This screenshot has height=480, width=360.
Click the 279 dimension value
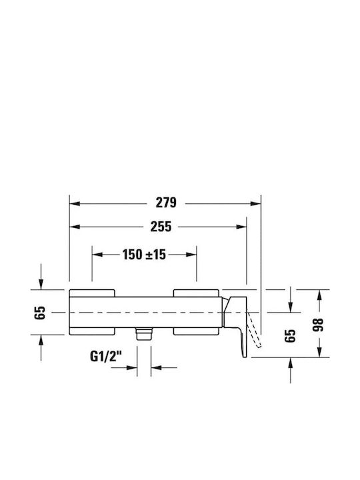pos(166,203)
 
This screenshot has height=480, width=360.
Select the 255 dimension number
pos(161,227)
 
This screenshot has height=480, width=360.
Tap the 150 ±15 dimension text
pos(144,255)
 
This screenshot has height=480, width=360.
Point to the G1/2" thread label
pos(106,356)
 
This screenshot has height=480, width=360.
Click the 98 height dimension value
pos(319,325)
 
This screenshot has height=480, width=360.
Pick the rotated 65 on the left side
pos(40,313)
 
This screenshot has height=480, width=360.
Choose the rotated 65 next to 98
pos(290,336)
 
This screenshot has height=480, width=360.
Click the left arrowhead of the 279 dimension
pos(75,203)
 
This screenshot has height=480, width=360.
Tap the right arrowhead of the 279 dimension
pos(255,203)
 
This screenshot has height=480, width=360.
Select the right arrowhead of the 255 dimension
pos(241,227)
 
